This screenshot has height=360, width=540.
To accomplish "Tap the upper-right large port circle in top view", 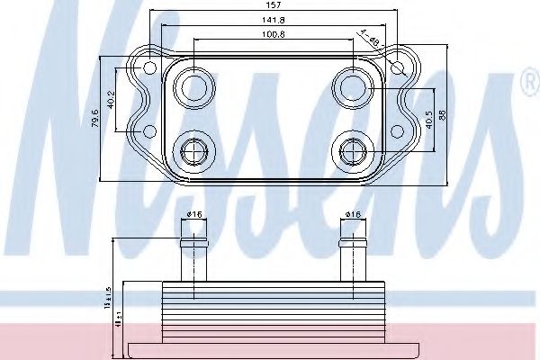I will coord(350,86).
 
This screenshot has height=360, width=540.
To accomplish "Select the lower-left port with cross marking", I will coord(192,149).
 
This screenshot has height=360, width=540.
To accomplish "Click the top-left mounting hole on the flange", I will coord(147,67).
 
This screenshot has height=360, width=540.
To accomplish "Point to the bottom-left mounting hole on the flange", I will coord(148,133).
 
